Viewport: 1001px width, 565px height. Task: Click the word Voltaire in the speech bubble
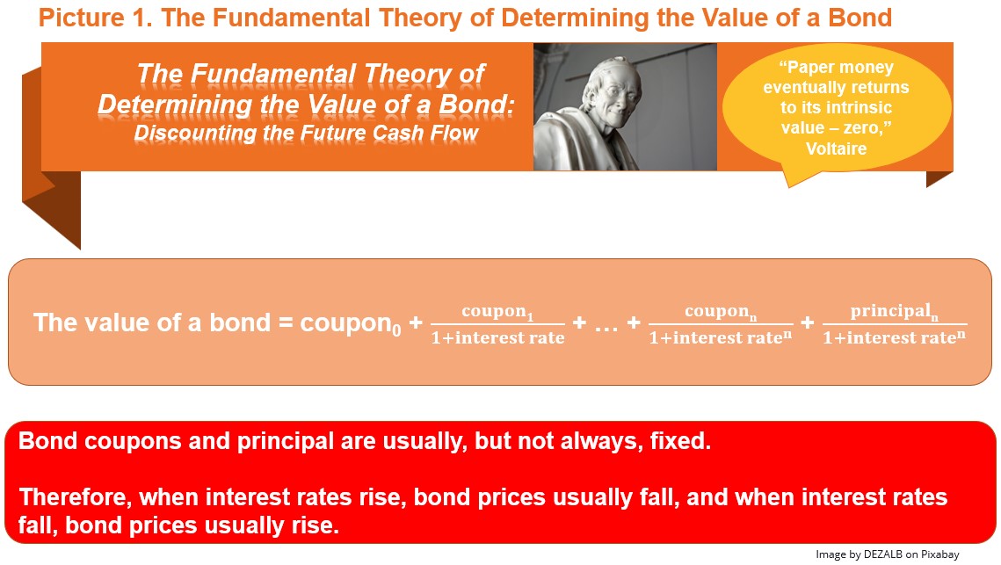point(836,148)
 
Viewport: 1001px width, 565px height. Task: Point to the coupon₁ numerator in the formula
point(497,312)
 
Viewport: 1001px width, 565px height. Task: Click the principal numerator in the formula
point(895,312)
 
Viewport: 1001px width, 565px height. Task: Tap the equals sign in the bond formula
point(286,323)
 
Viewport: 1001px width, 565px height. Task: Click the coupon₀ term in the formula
point(351,323)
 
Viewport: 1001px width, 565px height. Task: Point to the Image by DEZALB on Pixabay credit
point(888,554)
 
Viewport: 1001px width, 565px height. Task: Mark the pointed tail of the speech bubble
point(790,187)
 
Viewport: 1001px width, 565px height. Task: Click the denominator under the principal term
point(895,337)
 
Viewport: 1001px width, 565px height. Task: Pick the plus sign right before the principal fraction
point(808,322)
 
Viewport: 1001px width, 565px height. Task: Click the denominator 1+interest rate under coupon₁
point(498,337)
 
